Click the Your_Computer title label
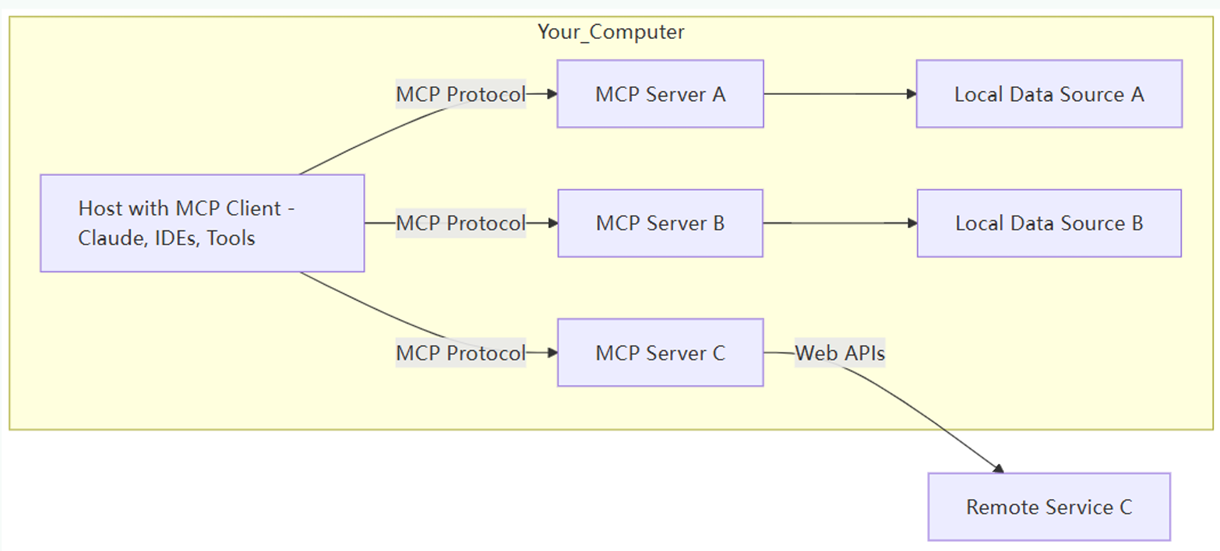click(611, 32)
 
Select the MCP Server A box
click(660, 94)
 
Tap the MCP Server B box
click(660, 223)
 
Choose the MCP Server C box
click(660, 353)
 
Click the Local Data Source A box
click(1049, 94)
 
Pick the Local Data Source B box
click(1049, 223)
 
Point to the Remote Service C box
click(1049, 507)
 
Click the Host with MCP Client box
click(202, 223)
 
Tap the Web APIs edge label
click(840, 353)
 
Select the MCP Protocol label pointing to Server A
click(460, 94)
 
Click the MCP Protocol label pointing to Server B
click(460, 223)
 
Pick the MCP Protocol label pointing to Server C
click(460, 353)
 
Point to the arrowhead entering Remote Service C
click(997, 468)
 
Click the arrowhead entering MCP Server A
click(552, 94)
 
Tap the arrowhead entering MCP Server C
click(552, 353)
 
